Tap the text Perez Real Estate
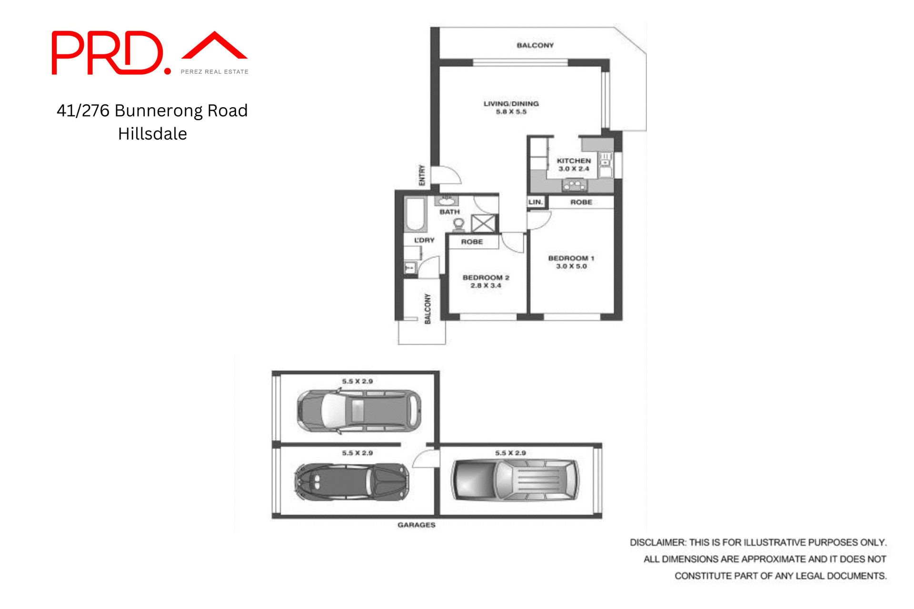click(x=214, y=72)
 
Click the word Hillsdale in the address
click(x=152, y=134)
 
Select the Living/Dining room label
click(x=511, y=104)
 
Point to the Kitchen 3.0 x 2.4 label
click(x=574, y=165)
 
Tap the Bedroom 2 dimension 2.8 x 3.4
click(x=486, y=286)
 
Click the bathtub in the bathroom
click(x=416, y=214)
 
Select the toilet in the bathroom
click(x=458, y=224)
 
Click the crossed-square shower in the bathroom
click(x=483, y=223)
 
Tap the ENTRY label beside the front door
click(x=422, y=175)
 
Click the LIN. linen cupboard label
click(x=535, y=202)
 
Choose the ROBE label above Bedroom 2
click(x=472, y=242)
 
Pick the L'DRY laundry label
click(x=424, y=240)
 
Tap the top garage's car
click(x=359, y=410)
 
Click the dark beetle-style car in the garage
click(x=351, y=482)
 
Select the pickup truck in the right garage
click(x=515, y=479)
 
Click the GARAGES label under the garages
click(x=416, y=525)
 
